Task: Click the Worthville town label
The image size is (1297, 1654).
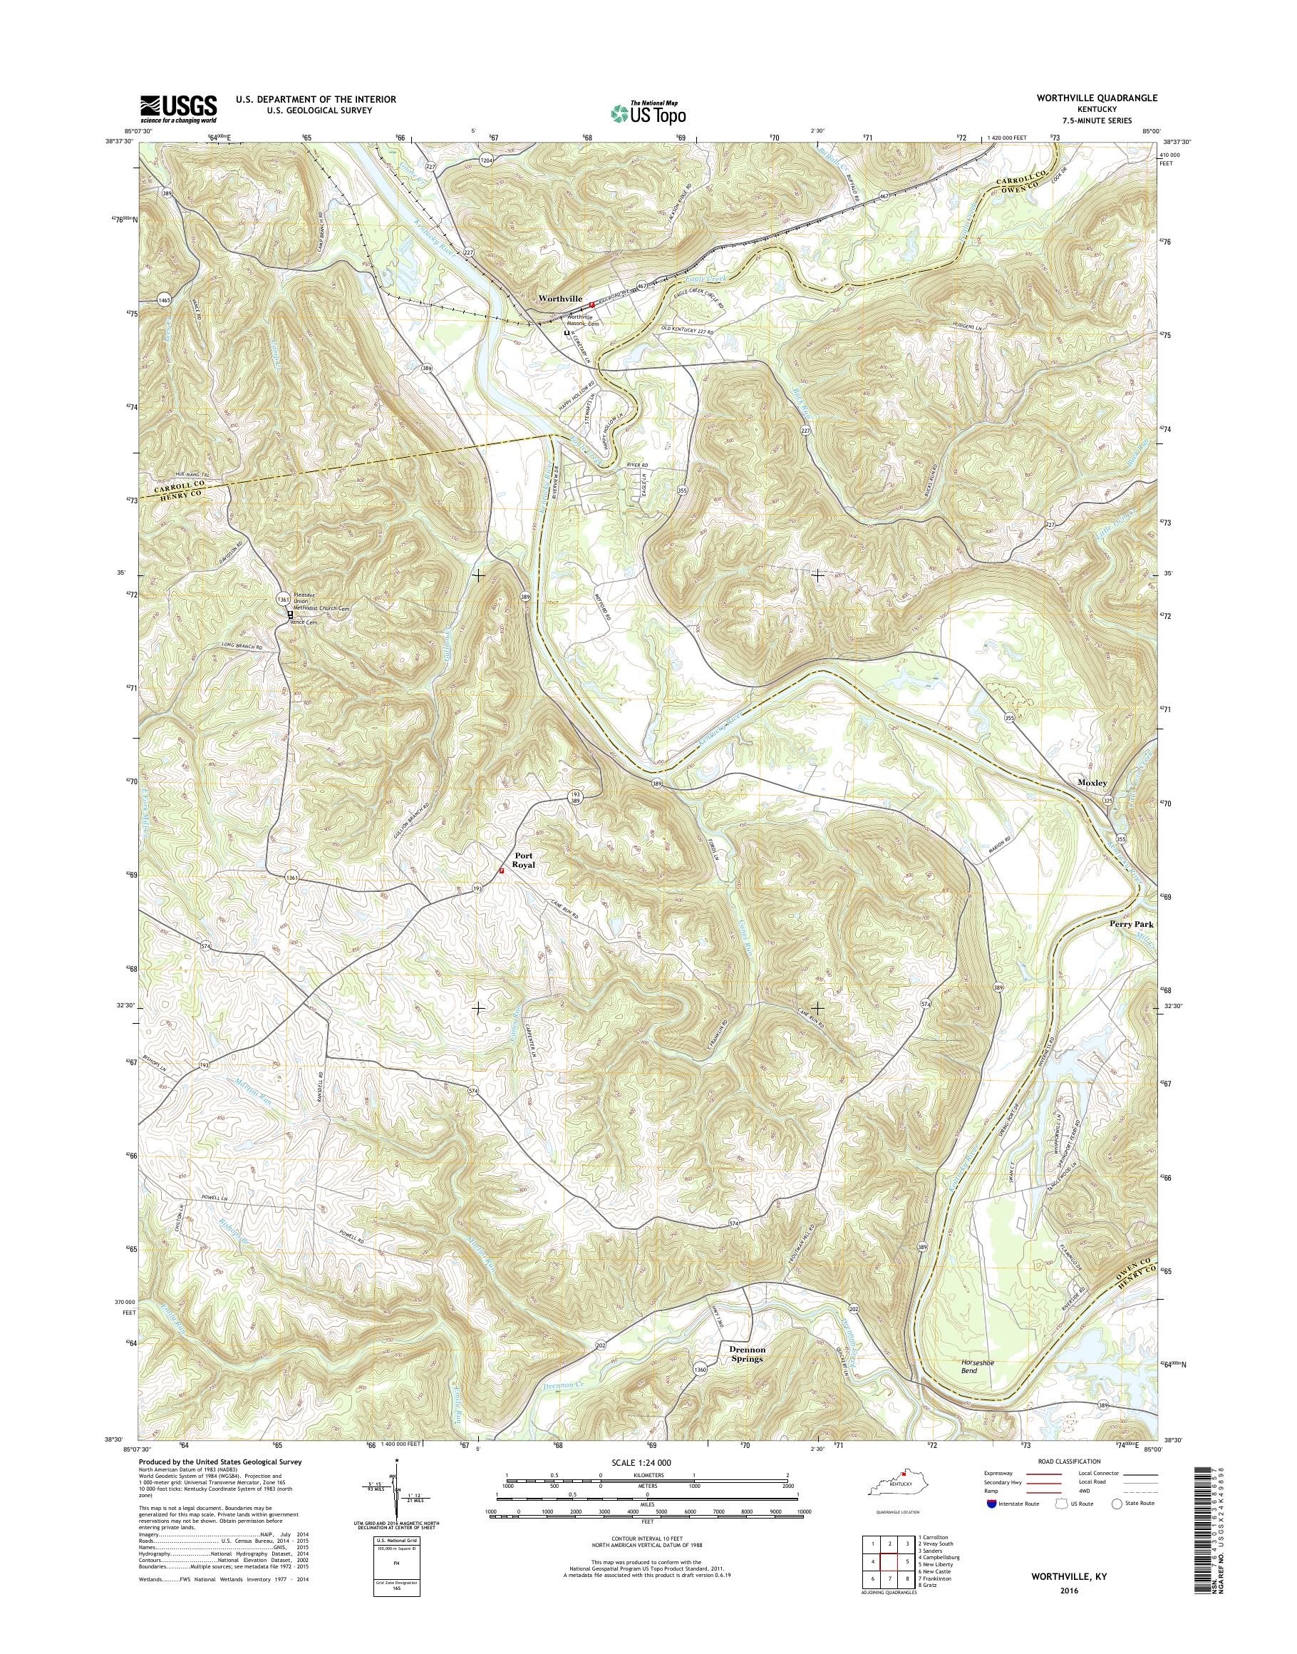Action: (559, 299)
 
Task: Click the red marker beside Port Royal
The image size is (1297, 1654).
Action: (500, 870)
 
